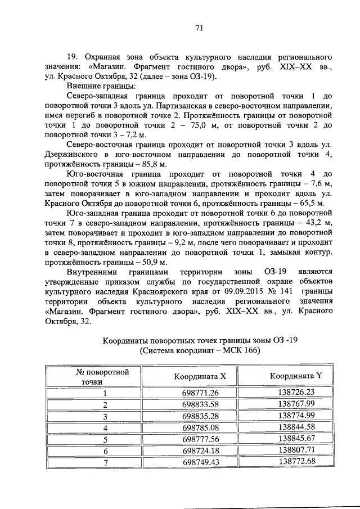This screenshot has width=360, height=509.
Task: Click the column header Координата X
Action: click(x=200, y=376)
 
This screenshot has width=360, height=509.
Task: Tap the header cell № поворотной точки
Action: click(x=103, y=376)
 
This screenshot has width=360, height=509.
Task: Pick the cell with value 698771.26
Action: click(x=200, y=393)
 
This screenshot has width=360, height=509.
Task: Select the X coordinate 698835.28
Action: click(x=200, y=416)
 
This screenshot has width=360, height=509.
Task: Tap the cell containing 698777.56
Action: click(x=200, y=439)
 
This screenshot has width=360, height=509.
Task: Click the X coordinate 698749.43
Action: click(x=200, y=462)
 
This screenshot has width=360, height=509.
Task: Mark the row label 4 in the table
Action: click(x=105, y=427)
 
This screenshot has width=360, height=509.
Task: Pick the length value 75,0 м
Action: click(x=164, y=125)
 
